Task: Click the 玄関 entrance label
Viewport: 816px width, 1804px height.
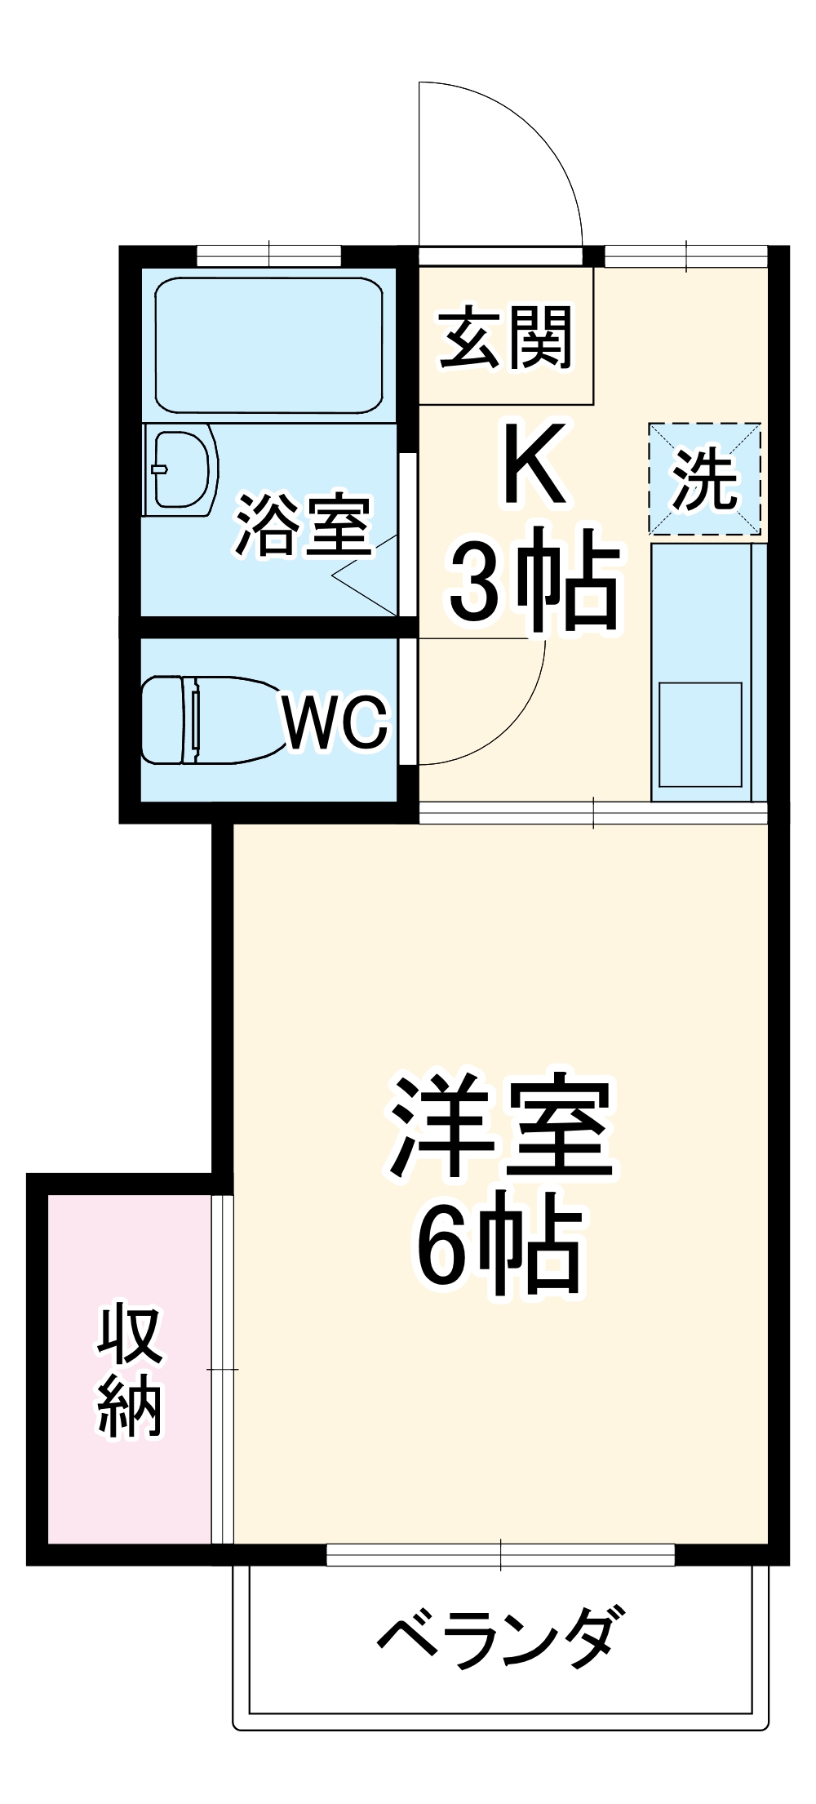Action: point(506,337)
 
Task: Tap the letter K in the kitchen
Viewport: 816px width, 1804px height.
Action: point(534,464)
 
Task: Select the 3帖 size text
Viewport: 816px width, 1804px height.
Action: point(534,580)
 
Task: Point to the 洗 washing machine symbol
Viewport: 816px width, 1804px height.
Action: point(705,479)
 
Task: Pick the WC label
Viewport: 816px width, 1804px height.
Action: point(335,721)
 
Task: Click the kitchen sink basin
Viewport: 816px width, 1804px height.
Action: point(700,734)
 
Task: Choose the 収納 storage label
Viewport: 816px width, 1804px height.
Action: point(131,1371)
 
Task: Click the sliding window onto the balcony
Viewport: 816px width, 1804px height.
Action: point(500,1555)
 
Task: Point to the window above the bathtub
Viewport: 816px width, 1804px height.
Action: point(269,255)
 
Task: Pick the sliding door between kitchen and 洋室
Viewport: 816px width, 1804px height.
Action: point(593,814)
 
